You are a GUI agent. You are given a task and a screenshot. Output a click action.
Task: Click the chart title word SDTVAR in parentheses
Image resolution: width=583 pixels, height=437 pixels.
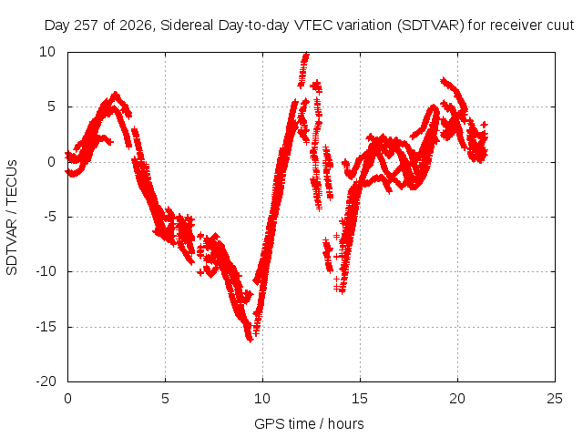click(431, 25)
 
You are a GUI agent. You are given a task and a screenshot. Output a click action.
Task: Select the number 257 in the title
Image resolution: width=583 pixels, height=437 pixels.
click(87, 25)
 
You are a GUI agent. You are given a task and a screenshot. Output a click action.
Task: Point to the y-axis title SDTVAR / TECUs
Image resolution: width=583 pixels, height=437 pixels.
click(12, 218)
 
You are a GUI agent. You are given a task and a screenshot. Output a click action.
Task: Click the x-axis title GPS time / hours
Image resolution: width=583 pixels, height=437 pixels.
click(309, 423)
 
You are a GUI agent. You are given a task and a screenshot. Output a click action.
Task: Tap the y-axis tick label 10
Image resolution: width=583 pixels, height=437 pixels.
click(47, 52)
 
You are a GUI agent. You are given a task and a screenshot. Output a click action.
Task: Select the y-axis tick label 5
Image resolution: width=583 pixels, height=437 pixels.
click(51, 107)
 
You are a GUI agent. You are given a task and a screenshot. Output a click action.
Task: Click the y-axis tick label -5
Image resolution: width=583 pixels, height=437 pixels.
click(49, 217)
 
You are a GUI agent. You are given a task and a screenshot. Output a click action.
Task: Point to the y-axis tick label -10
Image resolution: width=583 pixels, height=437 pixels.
click(46, 271)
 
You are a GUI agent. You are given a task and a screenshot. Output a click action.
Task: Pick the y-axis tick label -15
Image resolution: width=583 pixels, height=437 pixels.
click(46, 327)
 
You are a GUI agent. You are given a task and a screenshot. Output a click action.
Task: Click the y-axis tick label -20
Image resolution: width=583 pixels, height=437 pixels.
click(46, 381)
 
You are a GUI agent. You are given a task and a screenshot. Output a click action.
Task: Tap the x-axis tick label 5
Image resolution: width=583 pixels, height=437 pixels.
click(165, 399)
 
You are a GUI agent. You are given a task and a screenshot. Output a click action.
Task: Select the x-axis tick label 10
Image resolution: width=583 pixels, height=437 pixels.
click(262, 399)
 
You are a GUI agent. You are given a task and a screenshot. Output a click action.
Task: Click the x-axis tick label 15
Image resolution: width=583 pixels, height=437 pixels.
click(360, 399)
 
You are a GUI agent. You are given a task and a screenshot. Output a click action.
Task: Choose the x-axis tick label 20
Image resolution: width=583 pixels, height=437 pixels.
click(457, 399)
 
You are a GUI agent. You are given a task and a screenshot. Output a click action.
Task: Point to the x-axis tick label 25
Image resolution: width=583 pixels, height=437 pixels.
click(555, 399)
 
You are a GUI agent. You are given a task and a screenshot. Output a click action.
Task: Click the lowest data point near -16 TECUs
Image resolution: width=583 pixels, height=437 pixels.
click(250, 339)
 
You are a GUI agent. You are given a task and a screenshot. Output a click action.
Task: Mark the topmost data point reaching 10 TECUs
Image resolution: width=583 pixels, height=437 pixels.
click(306, 55)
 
